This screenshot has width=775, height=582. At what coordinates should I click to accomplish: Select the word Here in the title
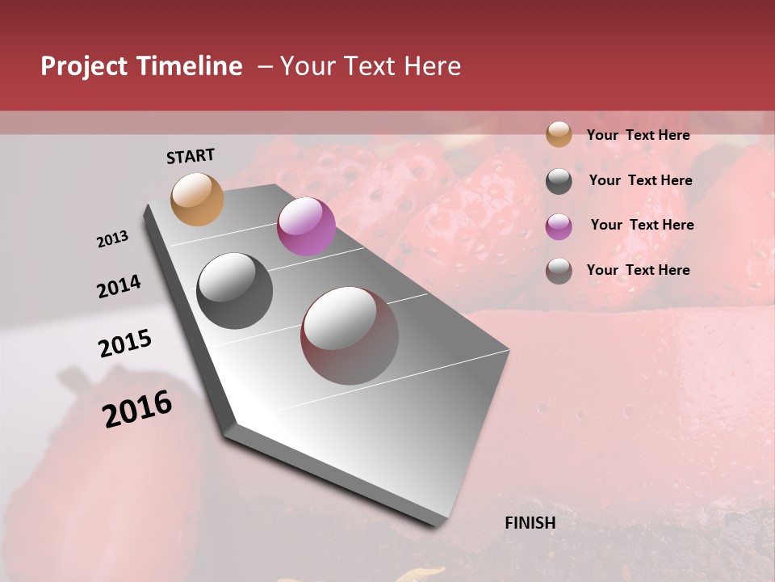click(431, 66)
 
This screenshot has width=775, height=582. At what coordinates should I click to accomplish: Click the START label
click(191, 156)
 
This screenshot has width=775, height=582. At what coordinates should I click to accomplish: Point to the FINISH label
click(530, 523)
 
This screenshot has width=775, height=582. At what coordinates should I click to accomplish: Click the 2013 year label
click(112, 239)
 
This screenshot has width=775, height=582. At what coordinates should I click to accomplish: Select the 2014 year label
click(119, 287)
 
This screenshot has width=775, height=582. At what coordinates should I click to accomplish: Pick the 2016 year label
click(137, 409)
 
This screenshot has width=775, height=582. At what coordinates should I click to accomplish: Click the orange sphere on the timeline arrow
click(198, 199)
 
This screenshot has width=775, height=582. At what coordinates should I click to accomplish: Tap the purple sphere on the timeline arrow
click(306, 226)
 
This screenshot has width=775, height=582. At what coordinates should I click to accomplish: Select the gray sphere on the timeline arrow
click(235, 291)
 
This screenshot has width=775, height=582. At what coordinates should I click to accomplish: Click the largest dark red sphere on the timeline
click(350, 335)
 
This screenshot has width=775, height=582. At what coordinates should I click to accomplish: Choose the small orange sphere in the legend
click(559, 135)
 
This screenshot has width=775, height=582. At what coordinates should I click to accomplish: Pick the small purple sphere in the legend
click(559, 226)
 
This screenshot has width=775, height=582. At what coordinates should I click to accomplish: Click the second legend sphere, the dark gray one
click(559, 181)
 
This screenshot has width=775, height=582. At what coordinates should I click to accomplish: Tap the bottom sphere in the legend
click(559, 271)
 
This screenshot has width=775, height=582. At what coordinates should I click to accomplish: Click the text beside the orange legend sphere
click(638, 136)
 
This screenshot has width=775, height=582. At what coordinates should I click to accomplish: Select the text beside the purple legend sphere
click(642, 225)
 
